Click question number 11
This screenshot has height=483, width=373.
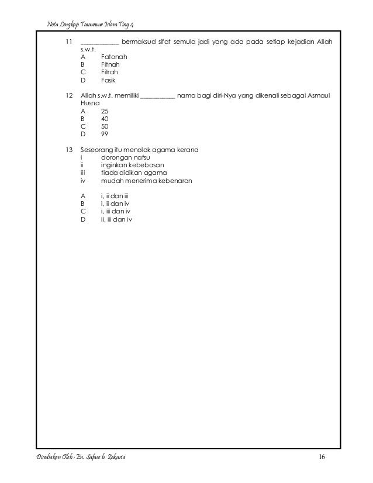click(68, 42)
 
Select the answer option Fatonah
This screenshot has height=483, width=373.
click(113, 57)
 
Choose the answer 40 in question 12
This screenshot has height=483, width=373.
click(105, 118)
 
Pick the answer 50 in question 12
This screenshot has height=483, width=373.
click(105, 126)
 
